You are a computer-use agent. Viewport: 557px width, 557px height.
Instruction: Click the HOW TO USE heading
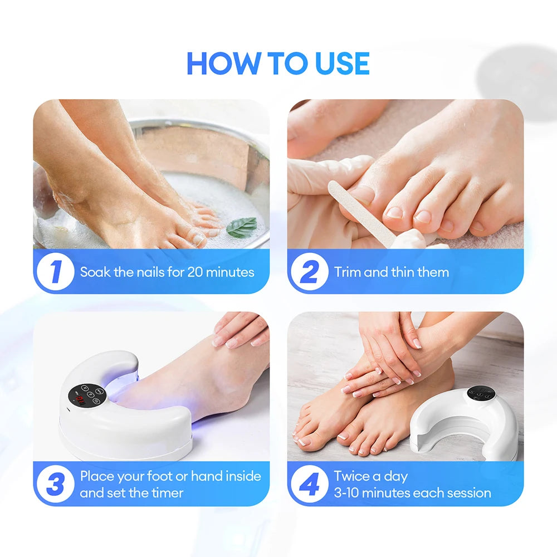[x=278, y=63]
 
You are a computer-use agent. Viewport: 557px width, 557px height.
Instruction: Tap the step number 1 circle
[x=55, y=272]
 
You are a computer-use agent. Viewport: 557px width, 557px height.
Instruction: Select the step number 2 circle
[x=309, y=272]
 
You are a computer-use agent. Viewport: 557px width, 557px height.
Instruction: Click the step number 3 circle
[x=55, y=484]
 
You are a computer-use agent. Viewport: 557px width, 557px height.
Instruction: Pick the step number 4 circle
[x=309, y=484]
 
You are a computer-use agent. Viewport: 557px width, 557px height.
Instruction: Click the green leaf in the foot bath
[x=242, y=226]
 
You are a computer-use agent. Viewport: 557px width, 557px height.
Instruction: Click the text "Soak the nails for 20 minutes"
[x=167, y=272]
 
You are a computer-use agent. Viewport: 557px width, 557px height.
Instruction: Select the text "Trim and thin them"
[x=391, y=272]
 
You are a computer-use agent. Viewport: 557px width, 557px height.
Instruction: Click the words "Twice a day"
[x=370, y=476]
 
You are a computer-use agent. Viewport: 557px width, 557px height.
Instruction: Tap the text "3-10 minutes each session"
[x=412, y=493]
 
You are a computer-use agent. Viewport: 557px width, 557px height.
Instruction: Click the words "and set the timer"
[x=131, y=493]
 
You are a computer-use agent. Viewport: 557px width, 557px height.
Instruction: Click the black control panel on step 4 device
[x=481, y=393]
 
